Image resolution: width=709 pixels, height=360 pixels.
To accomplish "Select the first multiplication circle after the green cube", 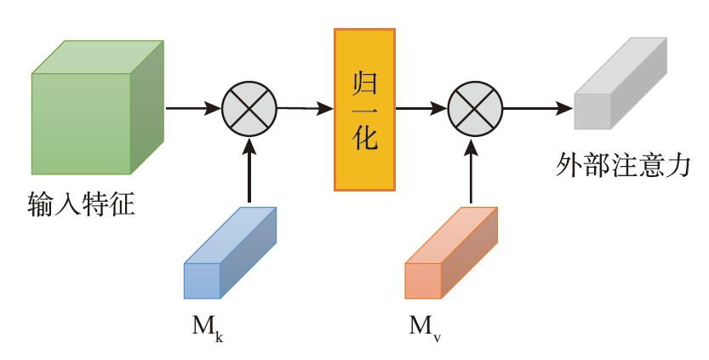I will pyautogui.click(x=249, y=108).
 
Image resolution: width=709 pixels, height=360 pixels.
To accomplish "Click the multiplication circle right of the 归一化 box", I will pyautogui.click(x=475, y=109).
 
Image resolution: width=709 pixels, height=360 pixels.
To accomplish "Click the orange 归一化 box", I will pyautogui.click(x=364, y=109).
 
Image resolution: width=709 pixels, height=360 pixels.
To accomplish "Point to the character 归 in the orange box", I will pyautogui.click(x=365, y=84).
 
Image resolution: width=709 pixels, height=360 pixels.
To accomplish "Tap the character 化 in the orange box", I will pyautogui.click(x=365, y=138).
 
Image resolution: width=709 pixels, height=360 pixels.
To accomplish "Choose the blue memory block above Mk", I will pyautogui.click(x=230, y=253).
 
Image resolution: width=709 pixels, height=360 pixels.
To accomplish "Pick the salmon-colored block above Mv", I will pyautogui.click(x=450, y=253).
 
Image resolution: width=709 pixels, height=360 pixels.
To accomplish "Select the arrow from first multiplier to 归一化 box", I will pyautogui.click(x=305, y=108).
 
